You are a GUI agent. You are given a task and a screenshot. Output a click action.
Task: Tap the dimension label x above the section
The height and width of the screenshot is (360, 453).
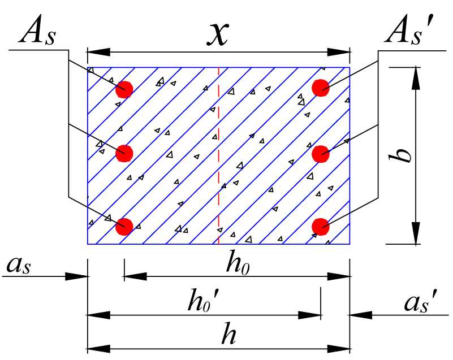coord(218,34)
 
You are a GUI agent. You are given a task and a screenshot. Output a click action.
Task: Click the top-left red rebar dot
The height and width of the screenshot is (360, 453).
coord(124,89)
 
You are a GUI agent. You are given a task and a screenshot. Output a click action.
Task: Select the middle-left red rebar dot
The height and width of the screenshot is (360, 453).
coord(124,153)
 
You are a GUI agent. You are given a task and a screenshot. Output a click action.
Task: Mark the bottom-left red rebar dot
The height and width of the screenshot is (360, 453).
coord(124,226)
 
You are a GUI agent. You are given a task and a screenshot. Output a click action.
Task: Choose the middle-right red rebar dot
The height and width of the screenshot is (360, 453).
coord(321,153)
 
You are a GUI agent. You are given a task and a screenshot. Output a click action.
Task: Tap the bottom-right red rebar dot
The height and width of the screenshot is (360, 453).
coord(321,226)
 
